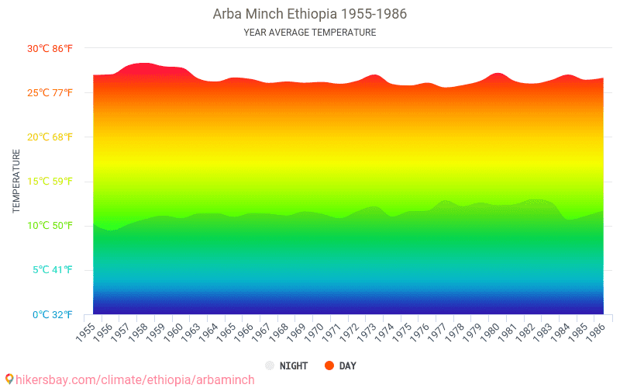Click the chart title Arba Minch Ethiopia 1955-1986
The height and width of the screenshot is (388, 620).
click(x=309, y=14)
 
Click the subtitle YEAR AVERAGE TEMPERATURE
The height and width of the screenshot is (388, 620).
click(x=309, y=33)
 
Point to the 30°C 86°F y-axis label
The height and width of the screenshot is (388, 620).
click(x=50, y=48)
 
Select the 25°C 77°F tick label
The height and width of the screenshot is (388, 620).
click(x=50, y=93)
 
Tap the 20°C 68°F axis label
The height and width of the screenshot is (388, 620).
click(x=50, y=137)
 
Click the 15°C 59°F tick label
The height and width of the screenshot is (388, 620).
click(x=50, y=182)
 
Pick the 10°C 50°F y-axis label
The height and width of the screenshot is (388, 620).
click(x=50, y=226)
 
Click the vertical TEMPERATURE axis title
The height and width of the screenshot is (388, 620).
click(x=16, y=182)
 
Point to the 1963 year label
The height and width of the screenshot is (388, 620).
click(x=190, y=331)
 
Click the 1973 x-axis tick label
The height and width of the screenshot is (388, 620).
click(x=365, y=331)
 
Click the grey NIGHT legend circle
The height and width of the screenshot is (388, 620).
click(x=270, y=365)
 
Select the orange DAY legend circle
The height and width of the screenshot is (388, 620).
click(x=329, y=365)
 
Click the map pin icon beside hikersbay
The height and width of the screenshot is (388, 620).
click(x=9, y=379)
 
